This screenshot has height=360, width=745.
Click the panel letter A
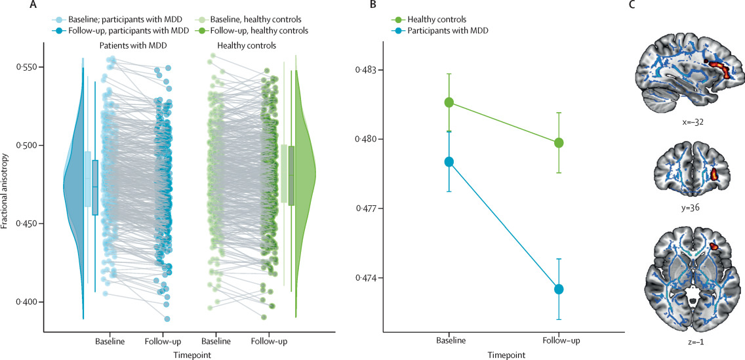[33, 6]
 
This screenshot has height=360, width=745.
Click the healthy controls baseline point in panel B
[449, 102]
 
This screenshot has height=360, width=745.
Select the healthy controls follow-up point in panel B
[559, 143]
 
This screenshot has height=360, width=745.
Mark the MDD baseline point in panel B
[449, 162]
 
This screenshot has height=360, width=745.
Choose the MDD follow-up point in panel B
[559, 289]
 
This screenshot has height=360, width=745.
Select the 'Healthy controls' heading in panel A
[245, 46]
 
